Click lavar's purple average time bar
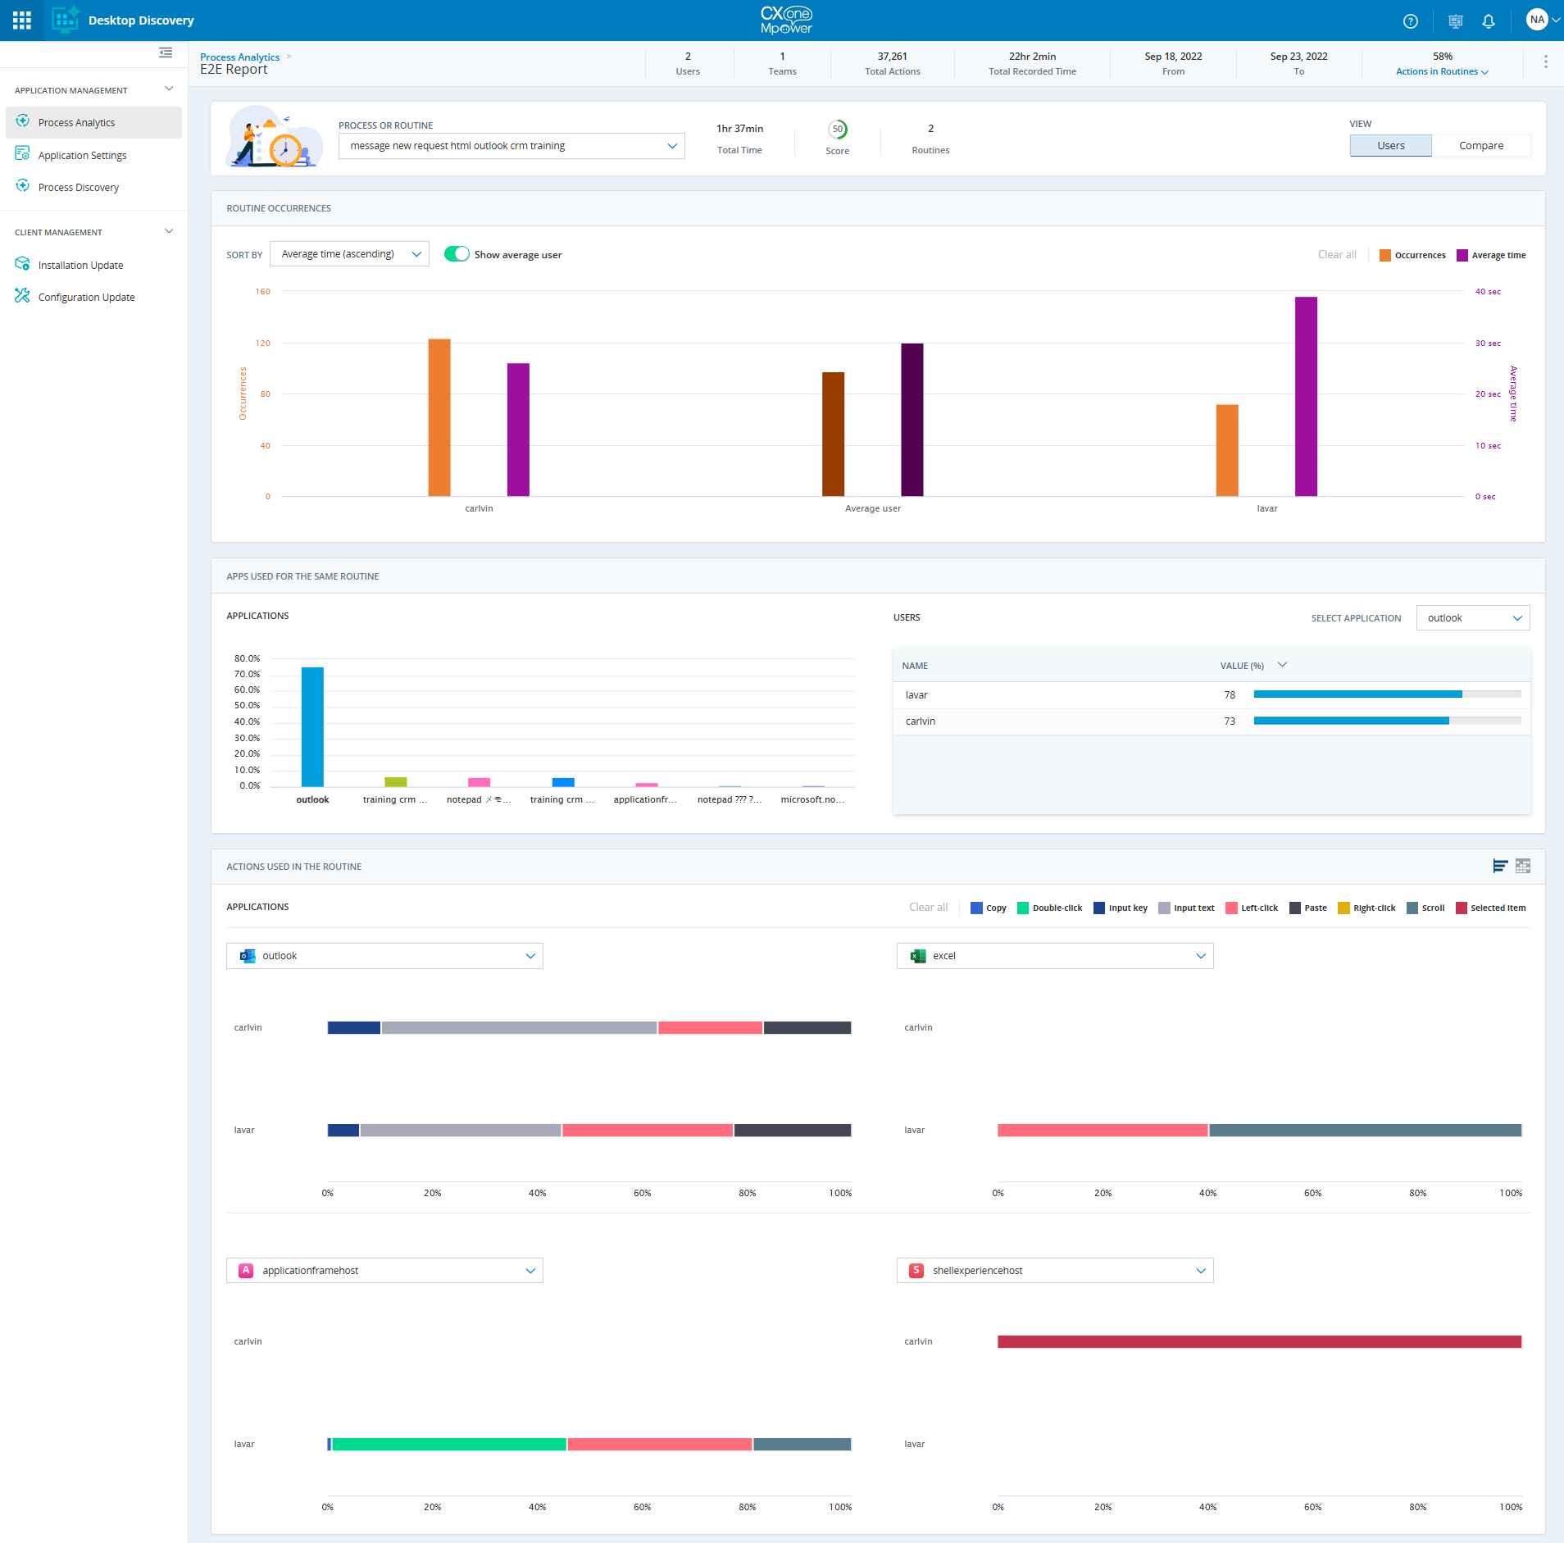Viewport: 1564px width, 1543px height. click(1306, 397)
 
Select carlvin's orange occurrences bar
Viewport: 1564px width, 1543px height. click(439, 417)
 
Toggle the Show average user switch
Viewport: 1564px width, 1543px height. click(457, 254)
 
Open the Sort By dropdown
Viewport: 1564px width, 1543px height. click(349, 254)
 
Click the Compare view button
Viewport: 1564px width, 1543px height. click(1480, 146)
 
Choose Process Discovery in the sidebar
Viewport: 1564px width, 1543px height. click(79, 188)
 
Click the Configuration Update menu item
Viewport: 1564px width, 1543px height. click(86, 298)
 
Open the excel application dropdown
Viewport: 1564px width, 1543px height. click(1054, 956)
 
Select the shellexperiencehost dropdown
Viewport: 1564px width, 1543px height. click(1054, 1271)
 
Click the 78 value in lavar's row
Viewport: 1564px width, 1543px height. click(1230, 695)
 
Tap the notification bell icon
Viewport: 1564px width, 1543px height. click(1489, 21)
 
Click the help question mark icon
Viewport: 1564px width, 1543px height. click(1410, 21)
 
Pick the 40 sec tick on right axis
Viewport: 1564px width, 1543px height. click(1488, 292)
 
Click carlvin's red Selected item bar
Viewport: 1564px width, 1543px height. click(1259, 1342)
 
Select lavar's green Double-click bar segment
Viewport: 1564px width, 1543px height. click(449, 1445)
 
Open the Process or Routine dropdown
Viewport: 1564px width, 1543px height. click(511, 146)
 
